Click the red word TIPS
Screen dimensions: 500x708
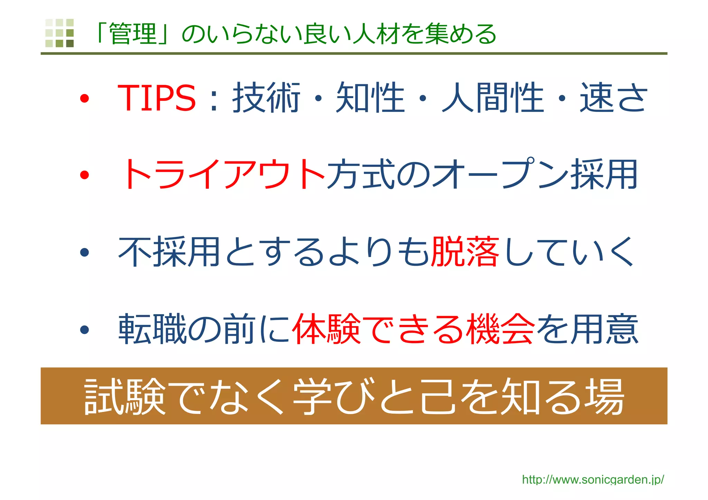point(157,98)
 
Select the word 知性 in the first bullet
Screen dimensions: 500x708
point(370,98)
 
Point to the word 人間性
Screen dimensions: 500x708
point(493,98)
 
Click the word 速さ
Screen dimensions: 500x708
point(613,98)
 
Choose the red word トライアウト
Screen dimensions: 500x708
point(223,174)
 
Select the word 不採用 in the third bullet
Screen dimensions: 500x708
point(169,252)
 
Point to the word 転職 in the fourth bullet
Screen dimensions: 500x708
point(152,329)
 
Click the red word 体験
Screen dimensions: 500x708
point(327,329)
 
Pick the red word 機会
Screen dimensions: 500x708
point(500,329)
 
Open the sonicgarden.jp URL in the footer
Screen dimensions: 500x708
point(593,480)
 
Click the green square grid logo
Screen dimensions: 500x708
point(59,33)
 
